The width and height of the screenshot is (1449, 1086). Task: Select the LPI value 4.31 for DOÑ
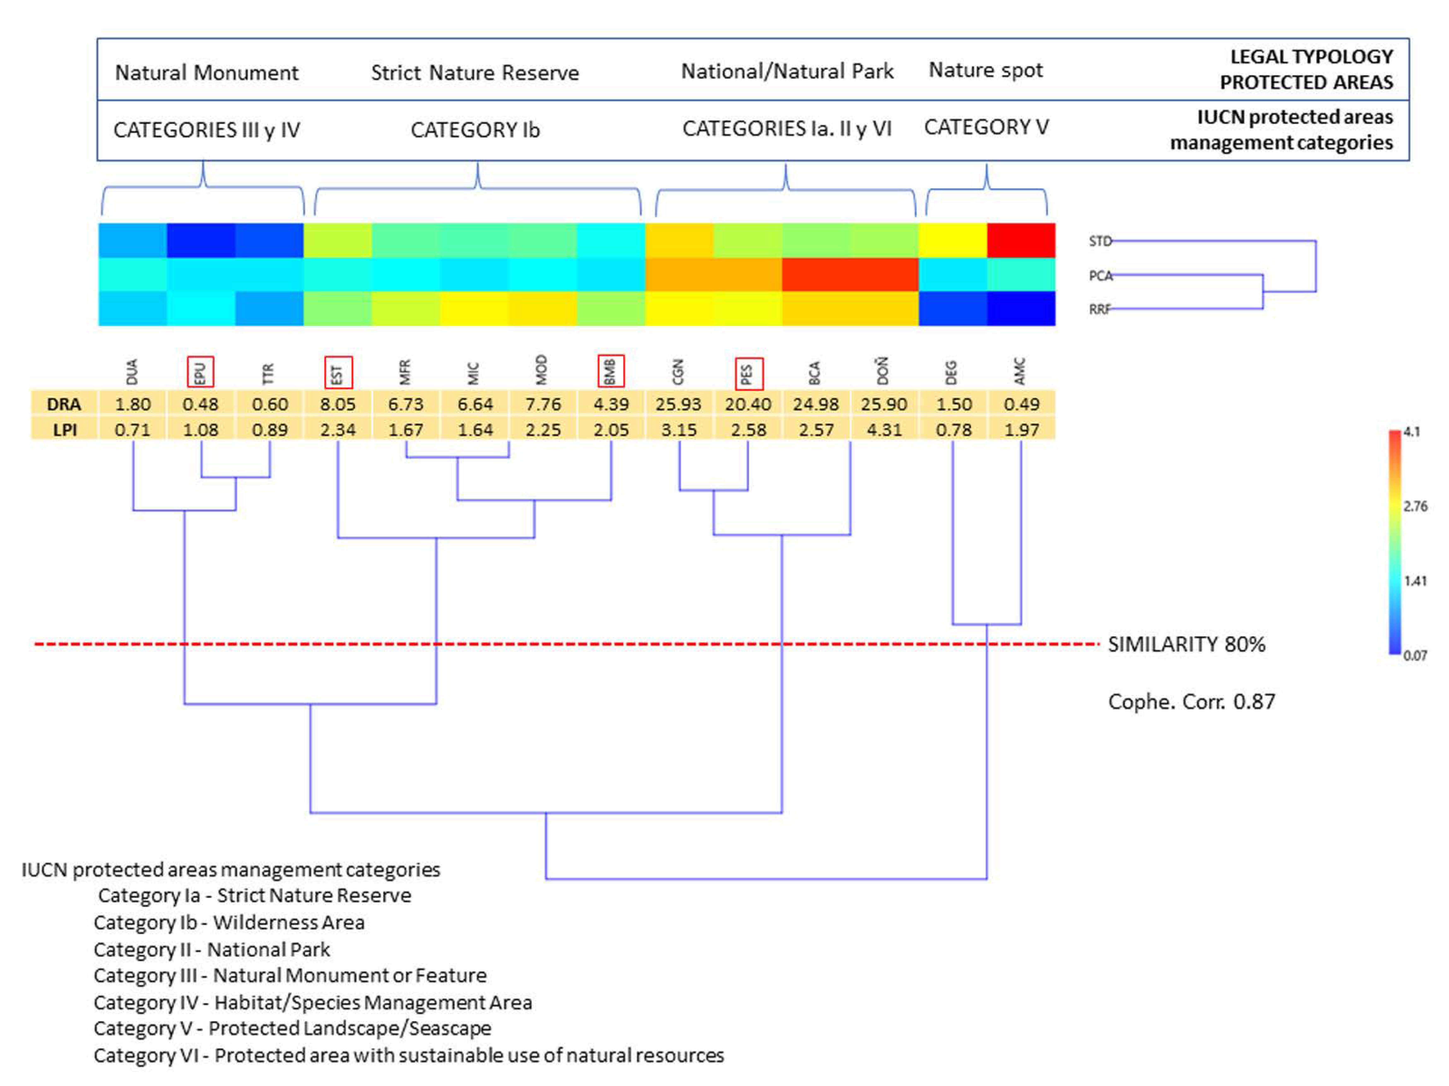pyautogui.click(x=884, y=430)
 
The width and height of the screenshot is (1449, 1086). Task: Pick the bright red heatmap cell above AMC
pyautogui.click(x=1021, y=240)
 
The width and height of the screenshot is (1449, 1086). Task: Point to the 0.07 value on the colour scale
pyautogui.click(x=1415, y=655)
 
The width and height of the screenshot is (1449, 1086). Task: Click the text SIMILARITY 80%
pyautogui.click(x=1186, y=644)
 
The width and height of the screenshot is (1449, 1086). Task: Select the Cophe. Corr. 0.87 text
pyautogui.click(x=1191, y=702)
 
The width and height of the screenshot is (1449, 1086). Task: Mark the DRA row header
pyautogui.click(x=64, y=404)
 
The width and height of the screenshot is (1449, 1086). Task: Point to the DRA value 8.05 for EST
pyautogui.click(x=337, y=404)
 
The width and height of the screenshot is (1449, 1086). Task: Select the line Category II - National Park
pyautogui.click(x=212, y=949)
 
